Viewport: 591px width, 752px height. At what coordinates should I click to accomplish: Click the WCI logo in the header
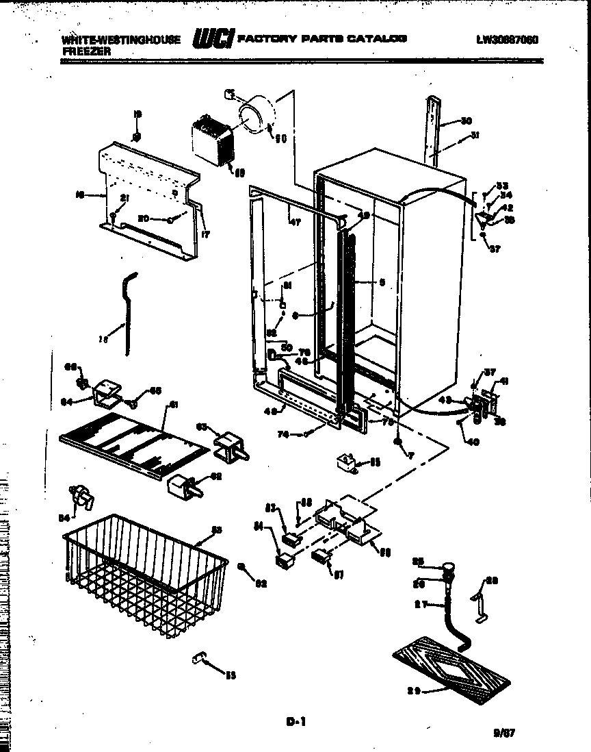[x=213, y=39]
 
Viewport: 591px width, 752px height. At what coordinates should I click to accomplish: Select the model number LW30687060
[x=506, y=39]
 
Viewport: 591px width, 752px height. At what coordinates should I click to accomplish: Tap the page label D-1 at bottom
[x=295, y=720]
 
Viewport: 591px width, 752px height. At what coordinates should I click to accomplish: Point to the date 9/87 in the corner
[x=503, y=733]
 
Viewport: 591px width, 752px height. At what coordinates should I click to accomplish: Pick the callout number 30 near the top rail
[x=466, y=121]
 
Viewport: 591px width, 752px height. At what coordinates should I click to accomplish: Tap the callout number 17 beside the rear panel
[x=204, y=235]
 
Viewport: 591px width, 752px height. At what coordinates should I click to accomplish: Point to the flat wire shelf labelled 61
[x=133, y=444]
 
